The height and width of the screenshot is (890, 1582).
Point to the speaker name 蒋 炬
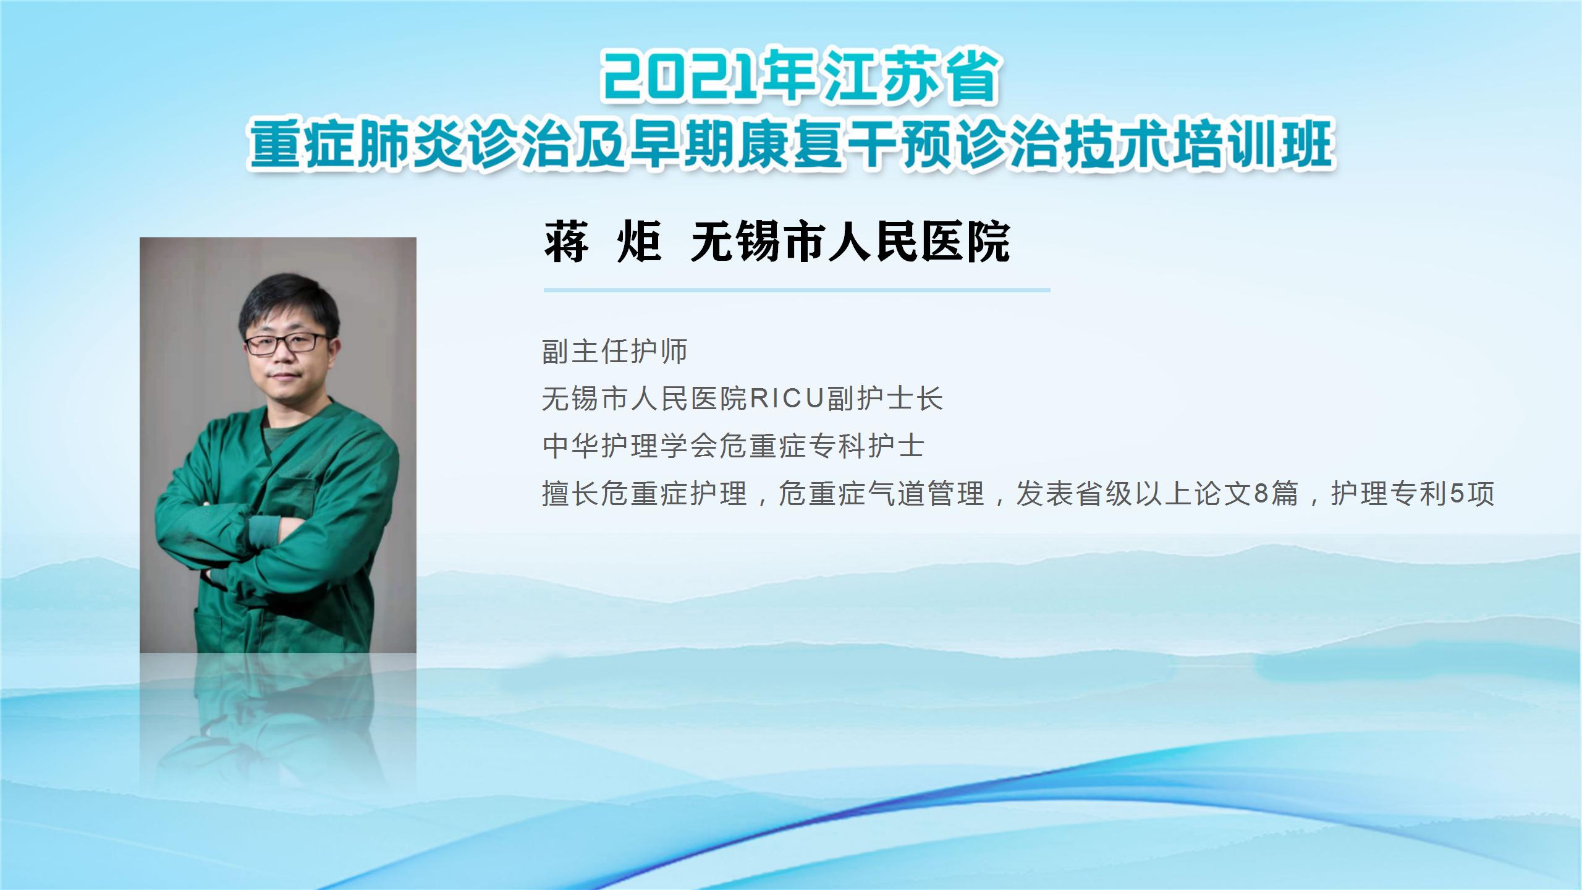click(x=603, y=241)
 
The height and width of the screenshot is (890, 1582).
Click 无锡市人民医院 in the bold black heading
click(x=850, y=241)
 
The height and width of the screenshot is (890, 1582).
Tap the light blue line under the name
click(x=797, y=290)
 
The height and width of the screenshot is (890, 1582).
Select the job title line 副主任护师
click(x=615, y=351)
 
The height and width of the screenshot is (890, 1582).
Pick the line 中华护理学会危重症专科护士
click(x=733, y=446)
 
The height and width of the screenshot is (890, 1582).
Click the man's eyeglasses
click(x=286, y=343)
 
